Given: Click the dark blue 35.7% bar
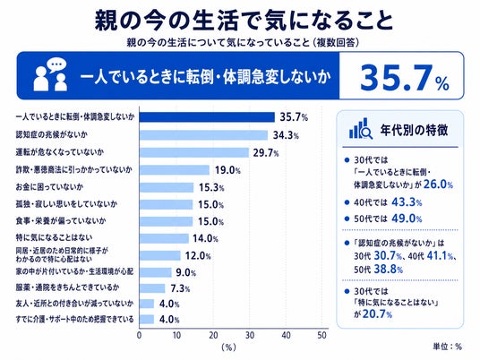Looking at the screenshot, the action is coord(207,117).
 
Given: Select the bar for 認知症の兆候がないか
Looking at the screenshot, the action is coord(203,135).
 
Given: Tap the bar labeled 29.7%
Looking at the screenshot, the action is coord(194,152).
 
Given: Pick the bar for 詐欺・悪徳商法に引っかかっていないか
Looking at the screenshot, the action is coord(175,170).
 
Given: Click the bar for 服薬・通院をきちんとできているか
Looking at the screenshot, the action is coord(152,288).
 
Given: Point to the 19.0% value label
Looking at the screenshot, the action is coord(227,170).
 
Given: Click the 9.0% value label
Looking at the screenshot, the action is coord(185,272).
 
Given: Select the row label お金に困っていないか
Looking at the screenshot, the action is coord(49,187).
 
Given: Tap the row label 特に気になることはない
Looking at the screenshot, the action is coord(54,237).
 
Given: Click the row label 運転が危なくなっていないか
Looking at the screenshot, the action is coord(60,152).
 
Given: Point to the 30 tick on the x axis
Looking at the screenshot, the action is coord(250,336).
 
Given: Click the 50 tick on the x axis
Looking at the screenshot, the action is coord(322,336).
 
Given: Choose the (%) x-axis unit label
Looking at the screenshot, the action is coord(228,347).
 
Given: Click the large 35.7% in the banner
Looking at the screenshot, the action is coord(404,77).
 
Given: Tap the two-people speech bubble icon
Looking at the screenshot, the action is coord(50,74).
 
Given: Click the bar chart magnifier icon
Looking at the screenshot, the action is coord(361,129).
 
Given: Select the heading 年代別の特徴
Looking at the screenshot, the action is coord(414,130).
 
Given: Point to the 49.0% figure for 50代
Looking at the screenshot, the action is coord(407,219).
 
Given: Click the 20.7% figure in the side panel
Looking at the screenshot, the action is coord(377,314).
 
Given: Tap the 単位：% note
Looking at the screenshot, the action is coord(447,347).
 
